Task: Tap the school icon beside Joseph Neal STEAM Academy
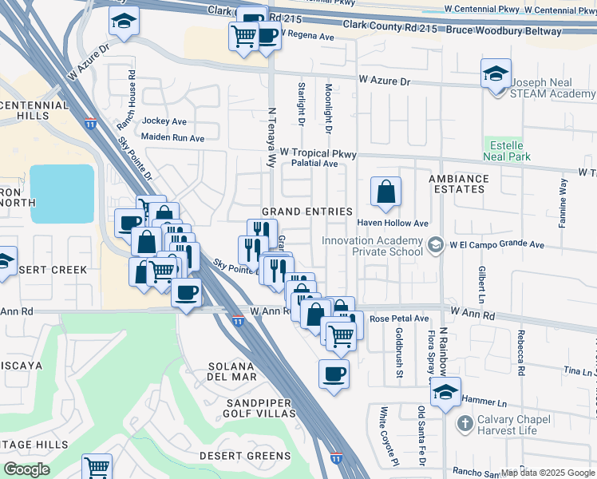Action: click(496, 74)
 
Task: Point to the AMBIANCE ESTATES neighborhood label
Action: click(458, 184)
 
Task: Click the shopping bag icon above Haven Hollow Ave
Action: click(385, 192)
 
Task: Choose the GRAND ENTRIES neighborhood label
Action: click(307, 212)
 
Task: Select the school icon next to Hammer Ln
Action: click(446, 392)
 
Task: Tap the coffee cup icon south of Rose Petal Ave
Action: click(334, 373)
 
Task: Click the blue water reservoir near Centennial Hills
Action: click(62, 193)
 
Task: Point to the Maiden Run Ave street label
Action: click(174, 138)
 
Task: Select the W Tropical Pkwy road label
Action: click(317, 152)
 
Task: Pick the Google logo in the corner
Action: click(26, 469)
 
